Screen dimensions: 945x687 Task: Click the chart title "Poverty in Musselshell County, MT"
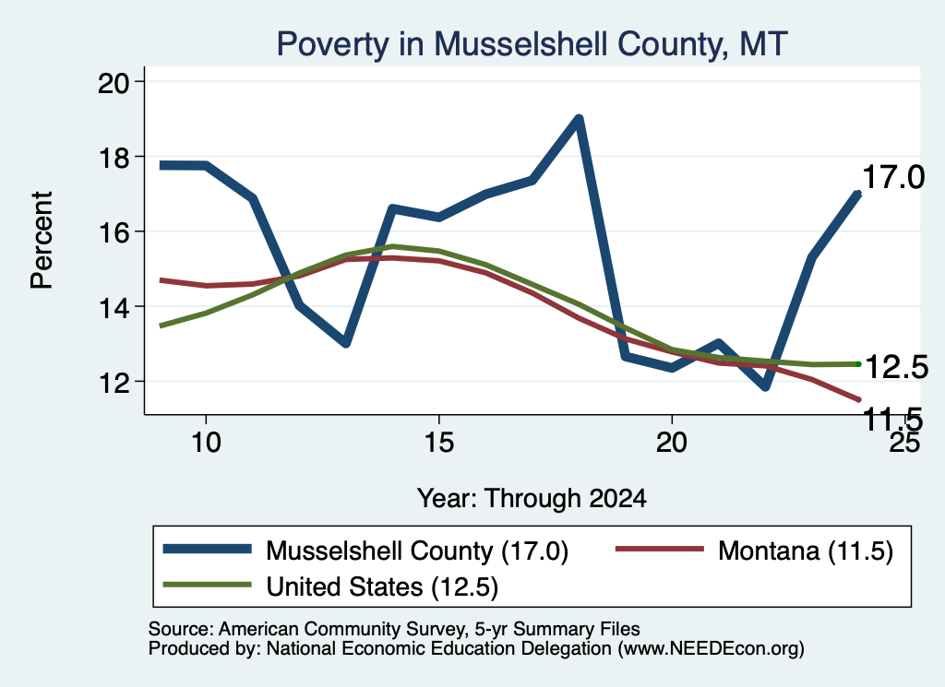pos(532,44)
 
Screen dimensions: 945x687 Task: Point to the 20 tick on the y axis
pos(114,82)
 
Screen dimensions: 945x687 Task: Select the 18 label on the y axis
pos(114,158)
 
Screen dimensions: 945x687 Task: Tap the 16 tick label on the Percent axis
pos(114,232)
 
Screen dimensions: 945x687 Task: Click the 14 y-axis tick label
pos(114,308)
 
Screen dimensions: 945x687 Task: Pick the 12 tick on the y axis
pos(114,383)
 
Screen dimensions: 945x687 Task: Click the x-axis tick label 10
pos(206,443)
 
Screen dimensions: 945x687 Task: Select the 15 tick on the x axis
pos(438,443)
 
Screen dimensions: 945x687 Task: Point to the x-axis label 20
pos(672,443)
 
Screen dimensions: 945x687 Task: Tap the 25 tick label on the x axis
pos(904,443)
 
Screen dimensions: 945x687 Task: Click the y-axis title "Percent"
pos(42,241)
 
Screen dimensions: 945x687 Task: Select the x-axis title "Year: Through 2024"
pos(532,499)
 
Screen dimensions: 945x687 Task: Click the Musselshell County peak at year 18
pos(579,119)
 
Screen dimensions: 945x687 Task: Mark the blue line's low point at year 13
pos(345,343)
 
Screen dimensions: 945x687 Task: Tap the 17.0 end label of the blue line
pos(893,178)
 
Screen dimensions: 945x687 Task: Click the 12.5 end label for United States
pos(896,367)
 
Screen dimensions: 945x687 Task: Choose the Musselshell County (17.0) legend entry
pos(365,551)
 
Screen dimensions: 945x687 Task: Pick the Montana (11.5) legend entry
pos(754,551)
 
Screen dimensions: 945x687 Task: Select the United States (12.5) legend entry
pos(330,586)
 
